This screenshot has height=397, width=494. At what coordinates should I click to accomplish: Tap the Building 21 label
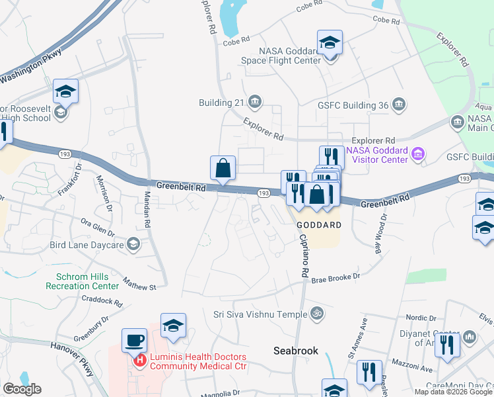[x=221, y=103]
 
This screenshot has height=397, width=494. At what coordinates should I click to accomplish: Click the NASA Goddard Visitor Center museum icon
[x=417, y=155]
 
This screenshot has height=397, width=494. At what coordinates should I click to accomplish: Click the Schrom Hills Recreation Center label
[x=83, y=281]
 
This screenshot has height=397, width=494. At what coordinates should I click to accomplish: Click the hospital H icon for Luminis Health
[x=140, y=361]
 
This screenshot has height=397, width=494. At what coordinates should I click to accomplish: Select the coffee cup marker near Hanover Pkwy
[x=135, y=341]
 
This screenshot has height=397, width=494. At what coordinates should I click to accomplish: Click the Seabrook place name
[x=297, y=351]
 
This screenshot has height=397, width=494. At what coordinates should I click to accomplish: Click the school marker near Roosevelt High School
[x=65, y=92]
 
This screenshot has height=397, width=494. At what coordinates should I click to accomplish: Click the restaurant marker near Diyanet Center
[x=448, y=345]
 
